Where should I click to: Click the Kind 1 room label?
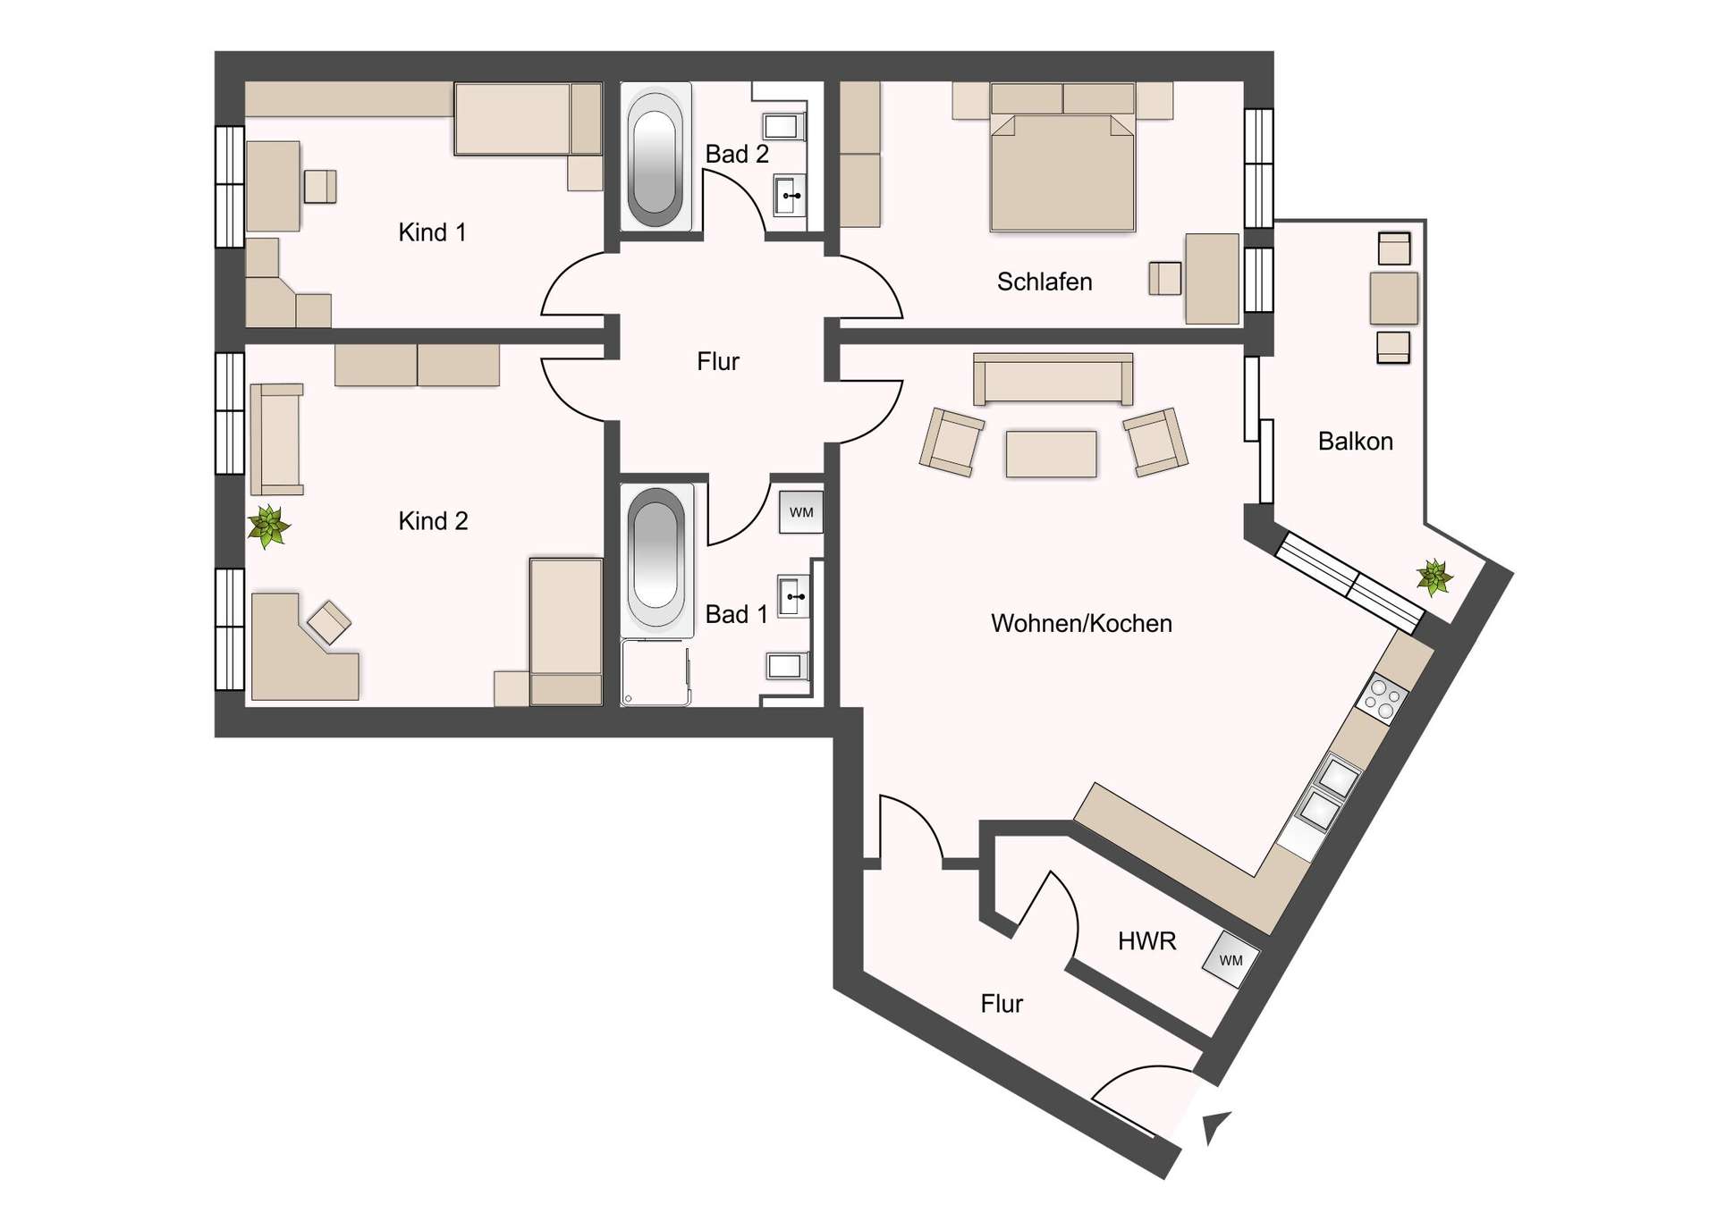[x=432, y=232]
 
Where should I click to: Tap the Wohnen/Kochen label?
[x=1080, y=623]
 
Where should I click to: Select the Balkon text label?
[x=1355, y=441]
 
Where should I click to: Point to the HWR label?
[x=1146, y=940]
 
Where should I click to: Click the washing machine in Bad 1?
[x=800, y=512]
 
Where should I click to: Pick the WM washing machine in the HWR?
[x=1231, y=960]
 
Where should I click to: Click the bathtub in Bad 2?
[x=656, y=156]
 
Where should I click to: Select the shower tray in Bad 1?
[x=656, y=671]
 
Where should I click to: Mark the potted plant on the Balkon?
[x=1434, y=577]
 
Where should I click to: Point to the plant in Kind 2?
[x=268, y=526]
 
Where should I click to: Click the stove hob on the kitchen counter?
[x=1382, y=699]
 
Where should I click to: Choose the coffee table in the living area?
[x=1051, y=453]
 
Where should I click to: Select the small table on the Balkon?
[x=1393, y=299]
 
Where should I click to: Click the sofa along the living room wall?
[x=1053, y=378]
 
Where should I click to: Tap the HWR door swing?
[x=1051, y=916]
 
